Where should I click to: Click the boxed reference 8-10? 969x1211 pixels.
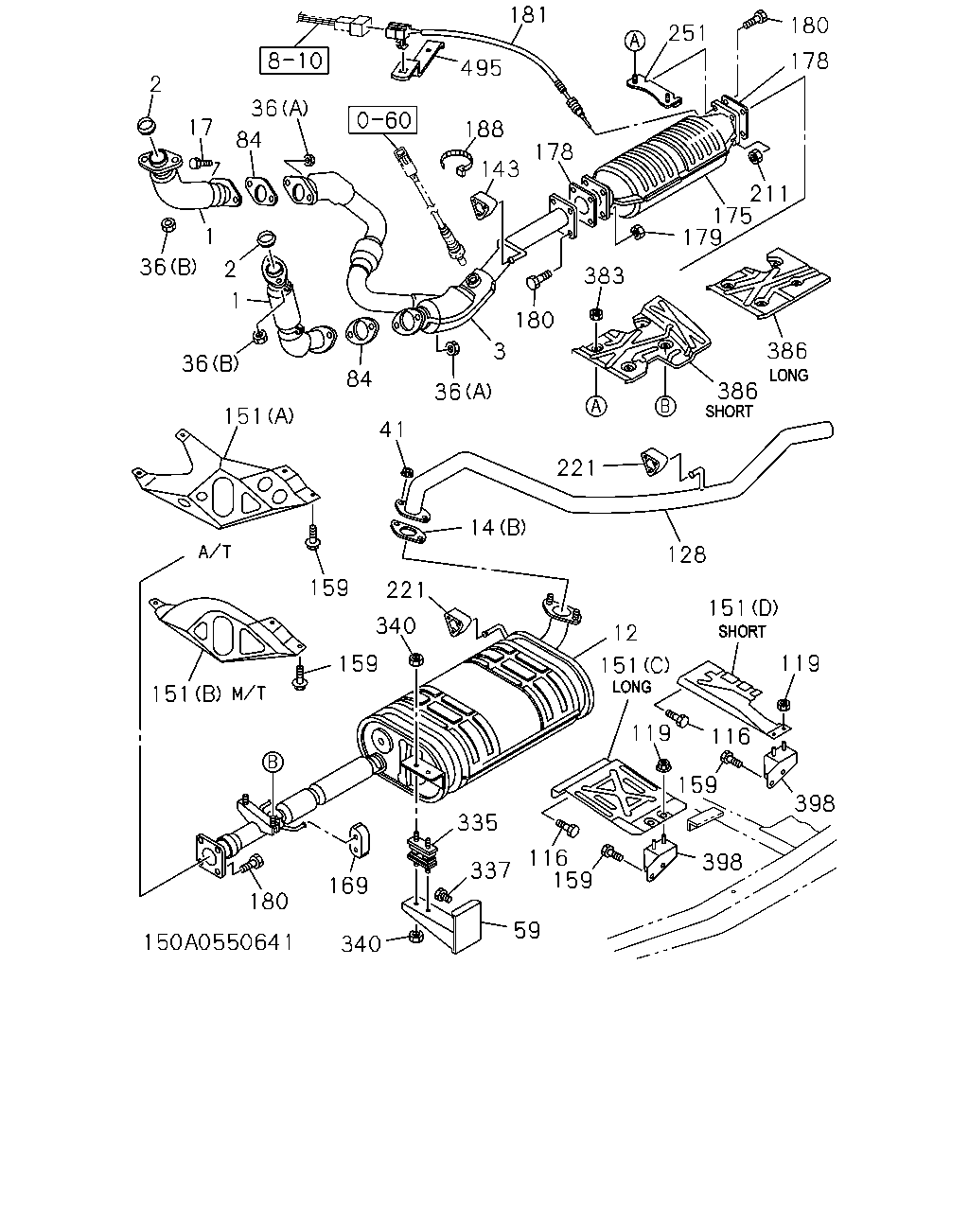[294, 61]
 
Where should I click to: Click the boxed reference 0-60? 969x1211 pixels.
[383, 119]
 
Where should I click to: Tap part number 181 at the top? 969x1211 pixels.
[528, 14]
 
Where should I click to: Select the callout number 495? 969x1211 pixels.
[481, 68]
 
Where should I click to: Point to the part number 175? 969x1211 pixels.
[732, 216]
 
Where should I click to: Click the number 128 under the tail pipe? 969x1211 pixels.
[686, 554]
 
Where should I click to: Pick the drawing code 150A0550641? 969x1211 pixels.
[218, 941]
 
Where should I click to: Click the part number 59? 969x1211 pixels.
[527, 930]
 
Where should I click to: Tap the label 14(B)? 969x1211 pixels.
[498, 527]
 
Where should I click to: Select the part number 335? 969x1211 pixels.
[478, 822]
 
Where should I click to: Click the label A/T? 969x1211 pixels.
[215, 552]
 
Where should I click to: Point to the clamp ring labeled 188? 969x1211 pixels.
[457, 161]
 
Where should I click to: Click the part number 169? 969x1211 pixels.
[348, 886]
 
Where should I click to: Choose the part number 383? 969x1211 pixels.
[604, 275]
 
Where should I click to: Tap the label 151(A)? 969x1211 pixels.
[259, 416]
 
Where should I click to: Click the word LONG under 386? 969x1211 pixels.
[788, 375]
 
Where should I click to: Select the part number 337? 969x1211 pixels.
[490, 870]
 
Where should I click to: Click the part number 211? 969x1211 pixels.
[769, 193]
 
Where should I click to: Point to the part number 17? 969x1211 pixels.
[201, 127]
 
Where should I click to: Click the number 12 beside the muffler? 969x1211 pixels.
[625, 633]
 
